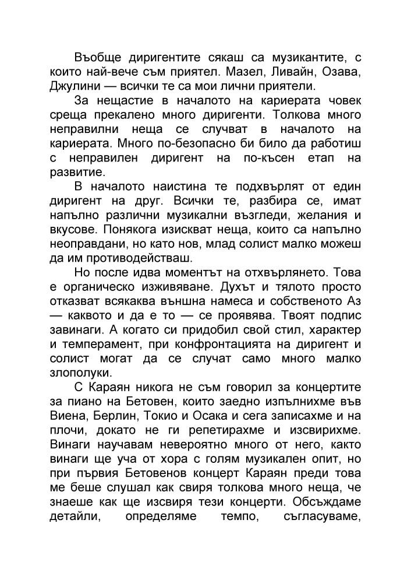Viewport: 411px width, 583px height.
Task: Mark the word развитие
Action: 76,172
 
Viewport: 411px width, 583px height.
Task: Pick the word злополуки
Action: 79,372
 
